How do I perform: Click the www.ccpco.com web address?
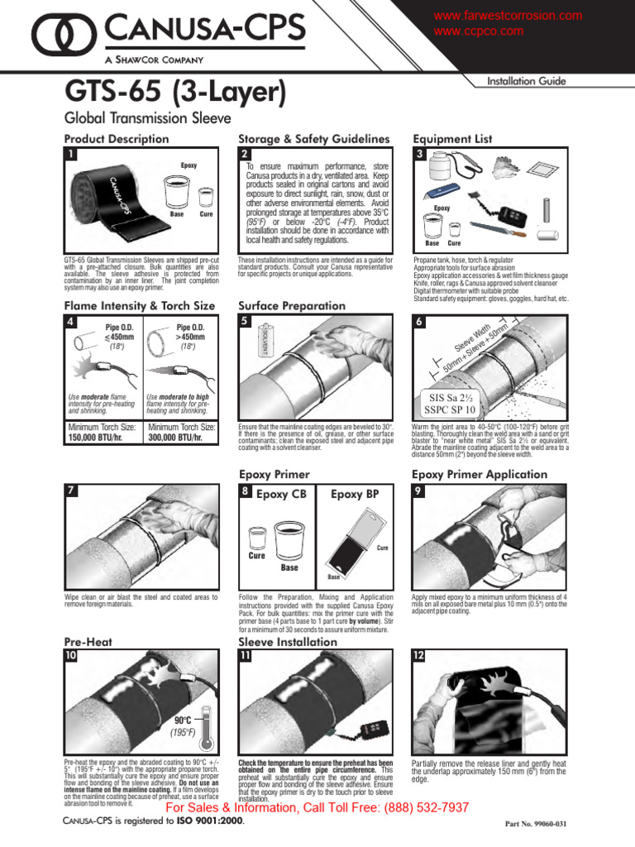point(478,31)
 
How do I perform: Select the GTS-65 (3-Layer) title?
point(175,92)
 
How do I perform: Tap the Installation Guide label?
point(528,81)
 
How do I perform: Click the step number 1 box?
point(70,155)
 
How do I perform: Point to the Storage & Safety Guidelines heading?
point(313,139)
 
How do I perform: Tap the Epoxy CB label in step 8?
point(282,495)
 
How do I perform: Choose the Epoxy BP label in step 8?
point(355,495)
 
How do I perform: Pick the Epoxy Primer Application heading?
point(479,475)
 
